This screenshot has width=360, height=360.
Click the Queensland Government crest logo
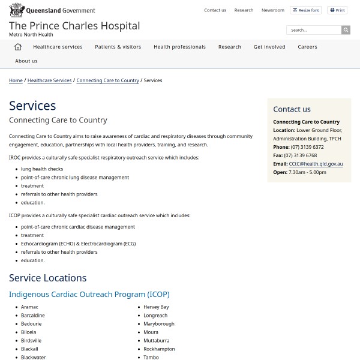click(x=16, y=10)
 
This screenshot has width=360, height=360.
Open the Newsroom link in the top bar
click(x=273, y=10)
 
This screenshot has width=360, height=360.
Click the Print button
click(x=337, y=10)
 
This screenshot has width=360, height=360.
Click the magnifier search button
click(x=346, y=30)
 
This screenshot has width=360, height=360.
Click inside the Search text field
click(x=314, y=30)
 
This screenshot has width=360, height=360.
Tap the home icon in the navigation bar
click(x=18, y=47)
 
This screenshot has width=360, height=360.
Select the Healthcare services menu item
click(x=58, y=47)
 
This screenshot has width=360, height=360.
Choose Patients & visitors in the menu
click(x=118, y=47)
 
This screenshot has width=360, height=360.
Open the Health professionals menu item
click(x=179, y=47)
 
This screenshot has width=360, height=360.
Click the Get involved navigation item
click(x=269, y=47)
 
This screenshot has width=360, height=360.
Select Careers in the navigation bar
click(x=307, y=47)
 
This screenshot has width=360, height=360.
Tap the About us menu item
click(x=26, y=61)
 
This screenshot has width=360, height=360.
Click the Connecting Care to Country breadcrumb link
click(x=107, y=80)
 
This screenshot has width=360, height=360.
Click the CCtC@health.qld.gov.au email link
click(x=316, y=164)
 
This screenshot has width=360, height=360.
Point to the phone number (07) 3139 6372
click(x=307, y=147)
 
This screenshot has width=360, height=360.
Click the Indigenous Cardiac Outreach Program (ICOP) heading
click(x=89, y=295)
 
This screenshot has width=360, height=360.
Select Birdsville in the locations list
click(x=31, y=340)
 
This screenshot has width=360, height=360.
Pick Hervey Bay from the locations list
click(x=156, y=307)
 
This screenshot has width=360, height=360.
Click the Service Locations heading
click(x=48, y=278)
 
